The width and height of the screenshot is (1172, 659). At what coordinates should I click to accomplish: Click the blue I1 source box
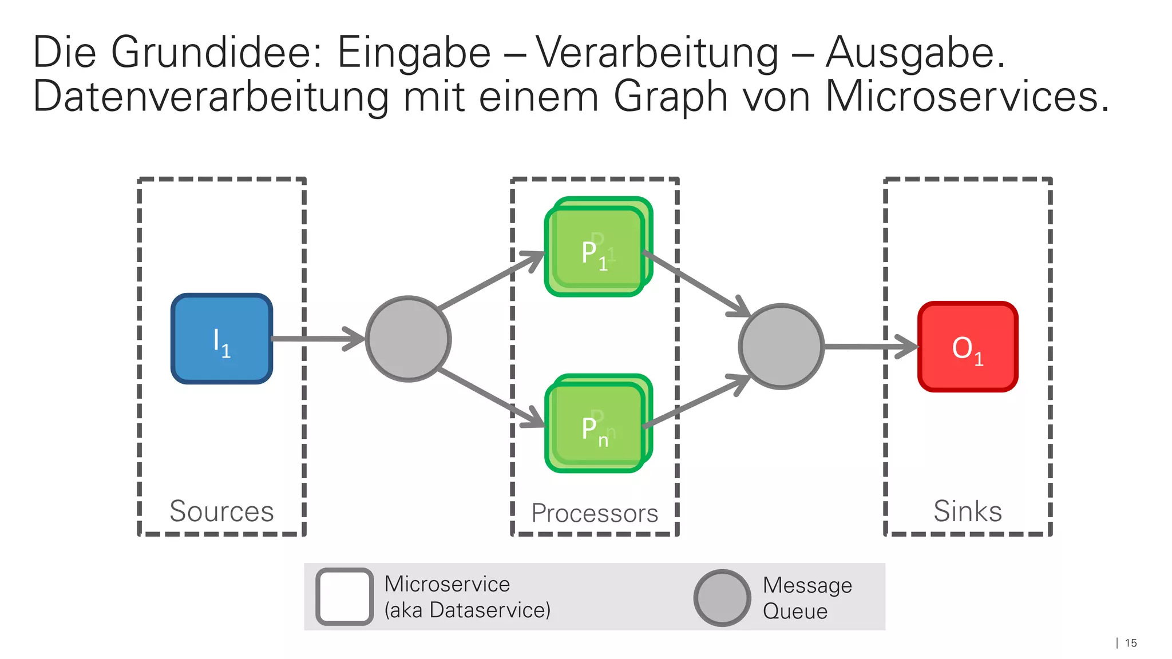point(221,339)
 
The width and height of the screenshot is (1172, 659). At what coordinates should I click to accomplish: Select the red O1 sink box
point(968,347)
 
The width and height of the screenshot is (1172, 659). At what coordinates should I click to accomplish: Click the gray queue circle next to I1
point(408,339)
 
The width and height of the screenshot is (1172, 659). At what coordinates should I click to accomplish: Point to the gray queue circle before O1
point(781,347)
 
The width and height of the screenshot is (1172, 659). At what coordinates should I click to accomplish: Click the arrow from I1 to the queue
point(318,339)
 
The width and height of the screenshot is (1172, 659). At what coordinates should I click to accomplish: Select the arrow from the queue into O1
point(870,347)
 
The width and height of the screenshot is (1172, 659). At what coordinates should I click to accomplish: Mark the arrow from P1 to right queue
point(695,283)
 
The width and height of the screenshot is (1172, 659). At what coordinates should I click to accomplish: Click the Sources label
point(221,511)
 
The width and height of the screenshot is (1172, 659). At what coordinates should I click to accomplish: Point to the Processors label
point(595,513)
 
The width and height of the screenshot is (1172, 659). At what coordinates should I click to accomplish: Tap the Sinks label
point(968,511)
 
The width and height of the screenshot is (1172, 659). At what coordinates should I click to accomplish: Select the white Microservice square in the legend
point(345,597)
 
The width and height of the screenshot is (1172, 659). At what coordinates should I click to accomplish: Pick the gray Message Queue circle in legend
point(722,598)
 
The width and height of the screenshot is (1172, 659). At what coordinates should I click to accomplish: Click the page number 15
point(1131,643)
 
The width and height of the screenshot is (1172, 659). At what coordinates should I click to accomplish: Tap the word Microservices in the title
point(967,96)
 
